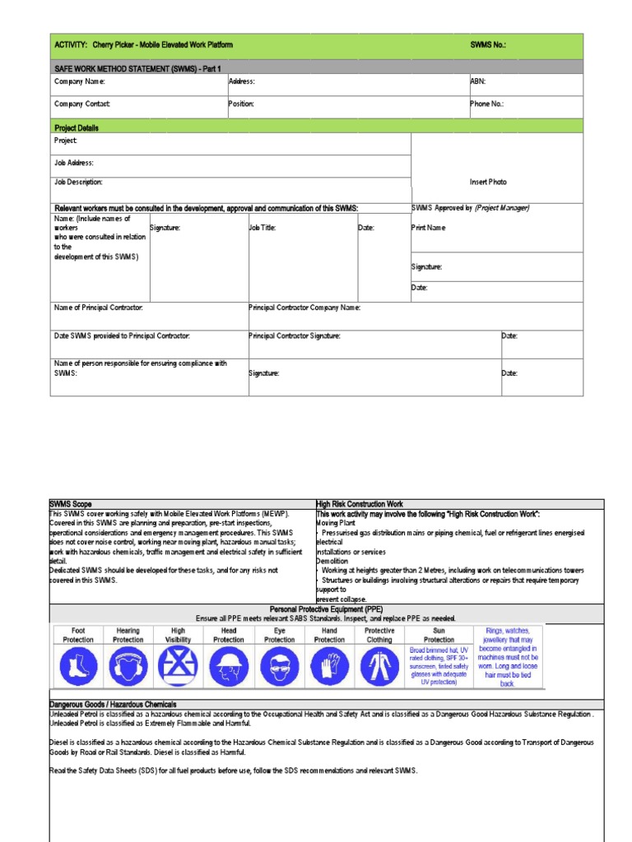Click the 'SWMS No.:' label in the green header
pos(489,44)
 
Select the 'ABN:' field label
pos(477,81)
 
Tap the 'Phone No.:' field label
pos(486,104)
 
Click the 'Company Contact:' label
pos(82,104)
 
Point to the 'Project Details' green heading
pos(77,127)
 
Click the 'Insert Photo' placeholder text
pos(489,182)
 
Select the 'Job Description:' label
pos(79,182)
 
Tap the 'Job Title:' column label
pos(263,228)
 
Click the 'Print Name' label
pos(429,228)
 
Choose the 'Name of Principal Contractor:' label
pos(99,308)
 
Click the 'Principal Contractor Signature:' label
pos(295,335)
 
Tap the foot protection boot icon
pos(77,666)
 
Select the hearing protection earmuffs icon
pos(128,666)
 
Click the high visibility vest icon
pos(178,666)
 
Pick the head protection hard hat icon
pos(228,666)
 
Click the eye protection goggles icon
pos(279,666)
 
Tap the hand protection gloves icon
pos(329,666)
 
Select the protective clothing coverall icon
pos(379,666)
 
